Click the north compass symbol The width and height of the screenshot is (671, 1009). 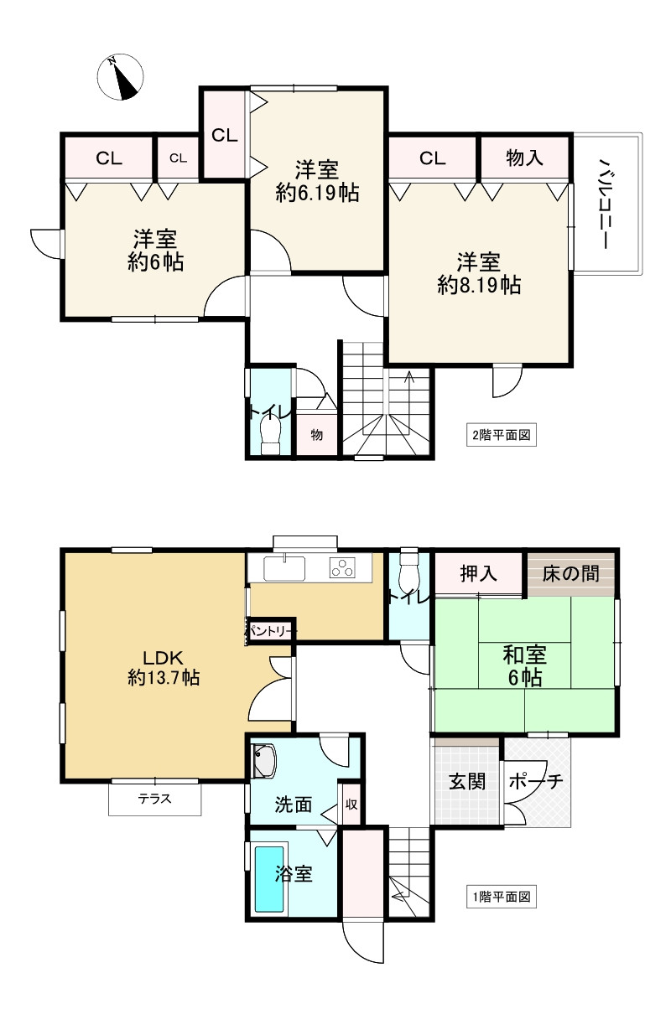coord(119,76)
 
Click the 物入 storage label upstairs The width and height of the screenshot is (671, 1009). coord(525,157)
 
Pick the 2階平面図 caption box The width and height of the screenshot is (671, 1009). coord(501,435)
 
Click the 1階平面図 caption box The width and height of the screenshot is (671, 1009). coord(500,897)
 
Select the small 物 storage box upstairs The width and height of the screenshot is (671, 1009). coord(317,434)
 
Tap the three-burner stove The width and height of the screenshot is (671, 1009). coord(344,568)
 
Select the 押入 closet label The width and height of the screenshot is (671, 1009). coord(479,574)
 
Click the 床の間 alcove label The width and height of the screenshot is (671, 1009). coord(570,574)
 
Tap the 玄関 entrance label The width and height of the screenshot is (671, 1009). coord(466,781)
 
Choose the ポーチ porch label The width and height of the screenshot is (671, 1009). coord(536,781)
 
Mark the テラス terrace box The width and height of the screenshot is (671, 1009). coord(154,799)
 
